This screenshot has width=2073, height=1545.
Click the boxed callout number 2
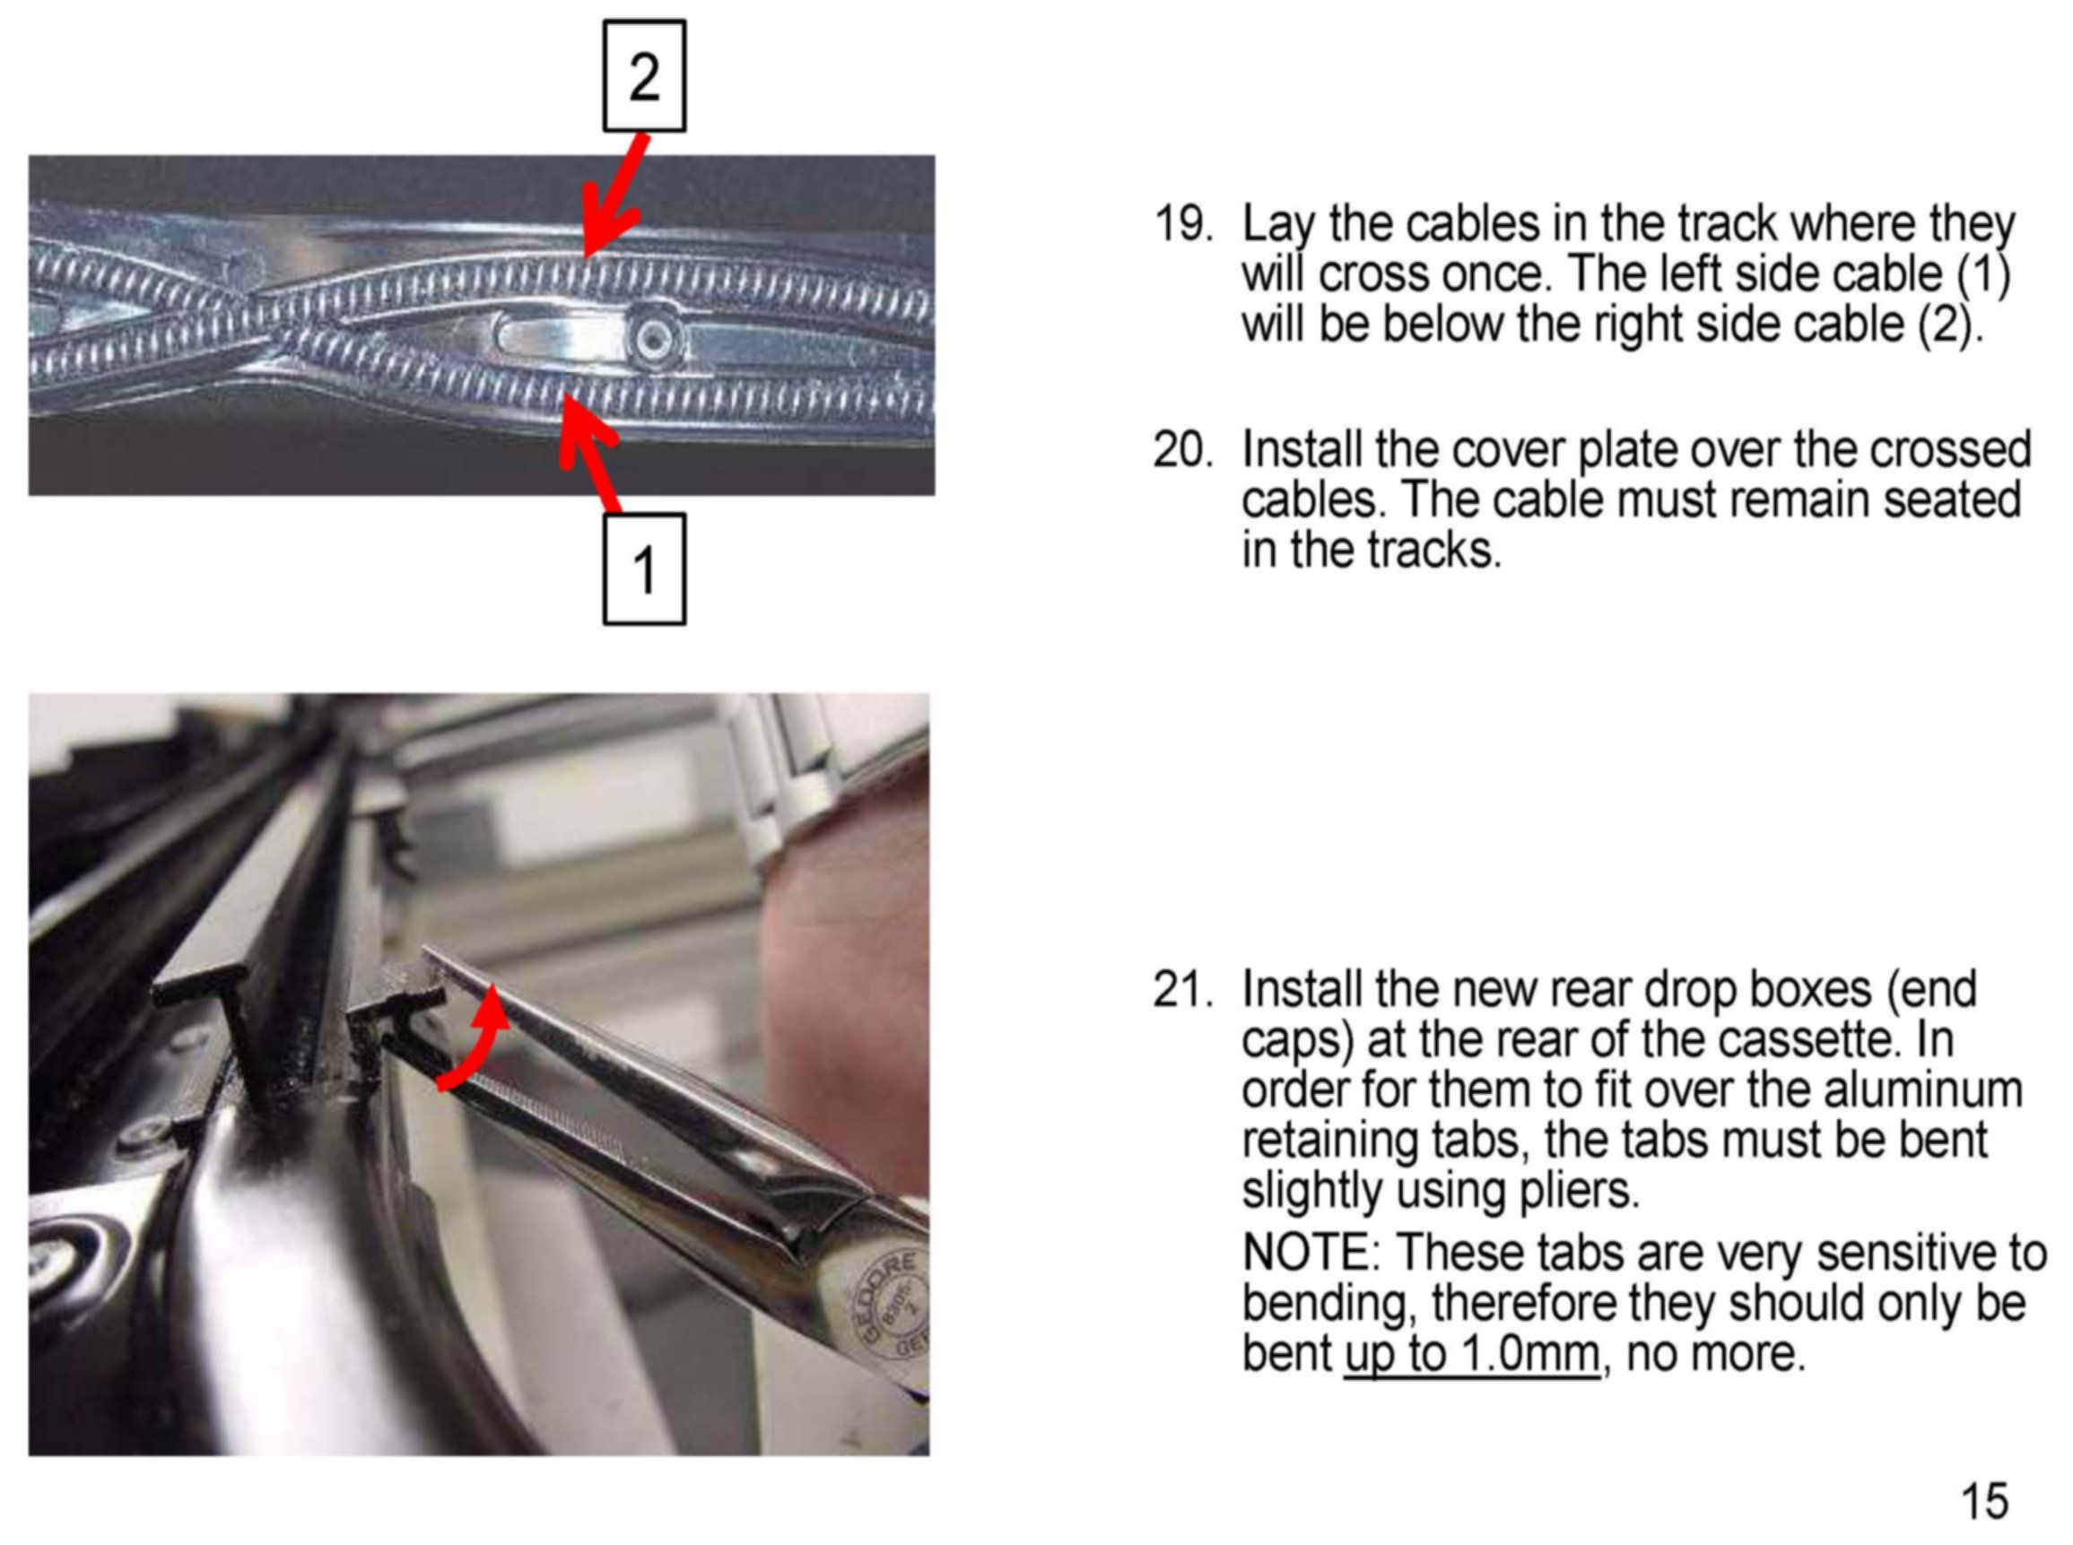point(643,75)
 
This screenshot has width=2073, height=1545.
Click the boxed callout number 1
point(643,569)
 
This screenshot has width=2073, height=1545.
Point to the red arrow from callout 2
point(613,195)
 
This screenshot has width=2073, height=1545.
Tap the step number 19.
point(1182,224)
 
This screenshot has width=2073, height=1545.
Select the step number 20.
point(1182,450)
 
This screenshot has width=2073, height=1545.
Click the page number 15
point(1983,1501)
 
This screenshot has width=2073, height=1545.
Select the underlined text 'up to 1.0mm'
point(1472,1354)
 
